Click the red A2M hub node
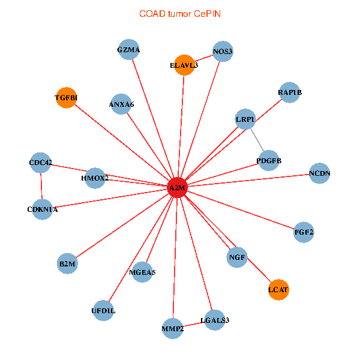click(x=178, y=188)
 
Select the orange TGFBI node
click(x=67, y=98)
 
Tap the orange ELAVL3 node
click(x=184, y=65)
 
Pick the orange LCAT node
click(x=278, y=290)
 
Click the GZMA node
click(x=128, y=50)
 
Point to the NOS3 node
click(x=223, y=52)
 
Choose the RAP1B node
click(x=290, y=92)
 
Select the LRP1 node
click(x=245, y=119)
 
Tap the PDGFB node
click(x=269, y=160)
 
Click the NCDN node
click(x=320, y=173)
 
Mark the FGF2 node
click(x=304, y=232)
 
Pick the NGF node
click(x=238, y=257)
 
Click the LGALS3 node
click(x=216, y=320)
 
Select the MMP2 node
click(x=173, y=328)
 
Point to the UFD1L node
click(x=103, y=311)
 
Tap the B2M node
click(x=68, y=263)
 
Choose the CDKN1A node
click(x=42, y=209)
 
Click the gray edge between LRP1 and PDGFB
click(x=257, y=139)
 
